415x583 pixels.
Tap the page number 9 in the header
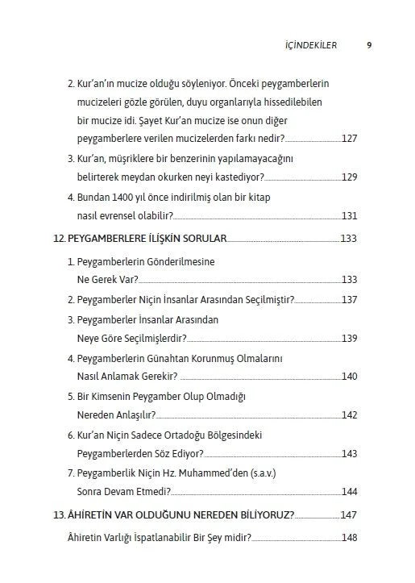coord(368,46)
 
